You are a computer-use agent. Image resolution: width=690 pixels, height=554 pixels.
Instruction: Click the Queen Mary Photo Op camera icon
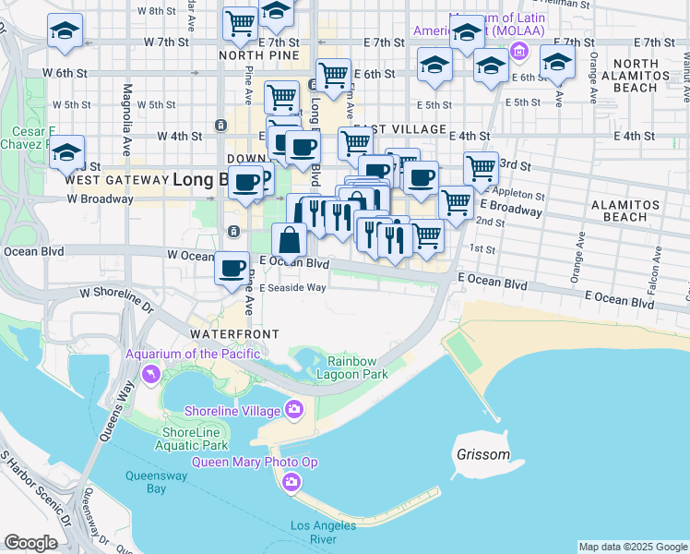tap(291, 481)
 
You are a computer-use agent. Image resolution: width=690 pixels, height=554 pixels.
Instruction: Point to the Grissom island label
tap(482, 455)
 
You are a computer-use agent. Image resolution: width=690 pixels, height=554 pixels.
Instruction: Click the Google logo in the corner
tap(30, 543)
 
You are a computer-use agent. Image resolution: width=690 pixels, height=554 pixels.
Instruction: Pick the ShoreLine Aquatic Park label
tap(194, 439)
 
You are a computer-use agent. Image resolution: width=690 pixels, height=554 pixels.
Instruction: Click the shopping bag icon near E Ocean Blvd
tap(290, 241)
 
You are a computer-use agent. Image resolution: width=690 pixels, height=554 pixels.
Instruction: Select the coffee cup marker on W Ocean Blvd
tap(231, 270)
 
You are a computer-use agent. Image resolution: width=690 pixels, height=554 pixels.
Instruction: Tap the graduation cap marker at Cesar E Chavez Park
tap(66, 153)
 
